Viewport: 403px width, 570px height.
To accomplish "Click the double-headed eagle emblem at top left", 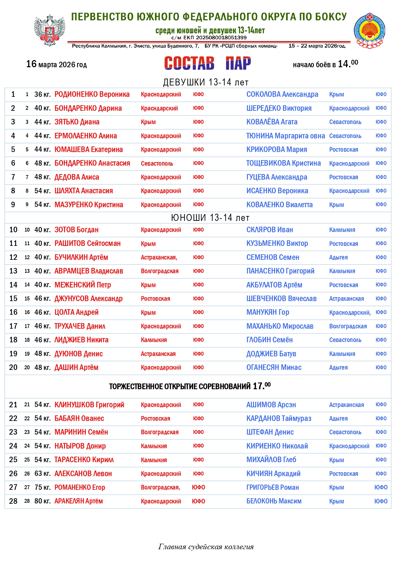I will (50, 30).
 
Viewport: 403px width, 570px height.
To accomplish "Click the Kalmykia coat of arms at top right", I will (369, 31).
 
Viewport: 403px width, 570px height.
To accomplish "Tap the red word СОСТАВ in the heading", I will (189, 63).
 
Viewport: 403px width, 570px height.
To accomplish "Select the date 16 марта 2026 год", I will (57, 64).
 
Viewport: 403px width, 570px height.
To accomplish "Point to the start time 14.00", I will (348, 64).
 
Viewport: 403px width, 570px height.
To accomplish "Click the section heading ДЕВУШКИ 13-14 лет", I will (206, 82).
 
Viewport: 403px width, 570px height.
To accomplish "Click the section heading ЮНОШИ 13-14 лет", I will (210, 218).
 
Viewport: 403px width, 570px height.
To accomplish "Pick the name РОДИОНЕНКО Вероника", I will (92, 95).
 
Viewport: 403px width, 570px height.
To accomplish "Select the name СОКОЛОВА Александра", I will (282, 95).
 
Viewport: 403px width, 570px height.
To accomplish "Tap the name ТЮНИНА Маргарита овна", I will (285, 136).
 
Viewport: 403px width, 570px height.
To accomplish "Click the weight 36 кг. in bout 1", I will (43, 95).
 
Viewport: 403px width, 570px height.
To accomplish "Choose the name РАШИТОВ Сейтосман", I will (87, 244).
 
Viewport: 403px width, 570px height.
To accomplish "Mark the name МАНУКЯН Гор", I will (268, 312).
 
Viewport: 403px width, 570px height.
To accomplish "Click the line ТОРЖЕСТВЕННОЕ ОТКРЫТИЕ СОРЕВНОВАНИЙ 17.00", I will (190, 386).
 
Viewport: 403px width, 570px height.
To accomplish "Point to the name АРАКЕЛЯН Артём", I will (79, 501).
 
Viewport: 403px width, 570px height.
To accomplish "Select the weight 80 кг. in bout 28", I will (43, 501).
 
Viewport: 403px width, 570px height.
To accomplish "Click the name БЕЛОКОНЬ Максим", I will (274, 501).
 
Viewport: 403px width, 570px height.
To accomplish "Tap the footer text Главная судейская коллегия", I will (206, 547).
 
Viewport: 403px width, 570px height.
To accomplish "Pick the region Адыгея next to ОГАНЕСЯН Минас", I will (338, 368).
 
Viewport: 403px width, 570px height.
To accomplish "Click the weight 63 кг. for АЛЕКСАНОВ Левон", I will (43, 474).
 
